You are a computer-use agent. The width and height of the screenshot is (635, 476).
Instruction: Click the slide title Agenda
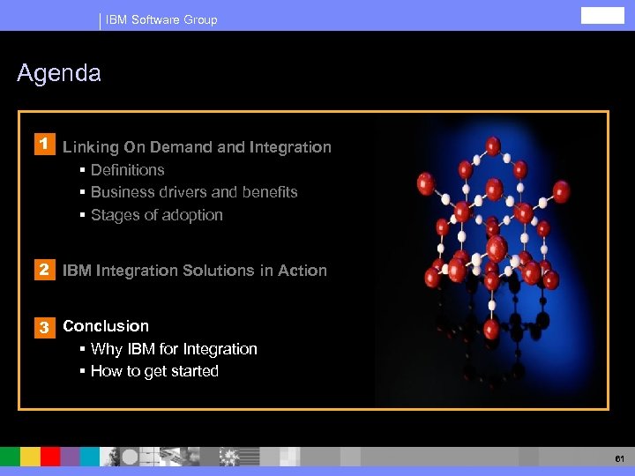click(x=59, y=73)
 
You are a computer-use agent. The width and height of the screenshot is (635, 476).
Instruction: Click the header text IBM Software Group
click(x=161, y=19)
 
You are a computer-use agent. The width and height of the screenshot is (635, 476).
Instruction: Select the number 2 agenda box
click(x=41, y=270)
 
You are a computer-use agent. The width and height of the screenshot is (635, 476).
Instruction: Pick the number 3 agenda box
click(x=41, y=327)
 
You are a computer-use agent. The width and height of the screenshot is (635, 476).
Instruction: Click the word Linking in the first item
click(x=86, y=147)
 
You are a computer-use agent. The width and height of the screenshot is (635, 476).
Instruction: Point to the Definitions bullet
click(x=127, y=170)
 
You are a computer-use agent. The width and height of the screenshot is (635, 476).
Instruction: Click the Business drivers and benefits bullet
click(x=194, y=192)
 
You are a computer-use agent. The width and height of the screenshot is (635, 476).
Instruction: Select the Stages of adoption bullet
click(x=156, y=215)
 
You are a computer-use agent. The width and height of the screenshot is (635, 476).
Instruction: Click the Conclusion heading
click(x=106, y=326)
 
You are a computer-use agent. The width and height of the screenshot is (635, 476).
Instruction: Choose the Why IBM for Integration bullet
click(x=174, y=349)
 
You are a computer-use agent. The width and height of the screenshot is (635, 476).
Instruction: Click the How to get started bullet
click(x=154, y=371)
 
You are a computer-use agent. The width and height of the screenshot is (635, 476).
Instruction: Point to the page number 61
click(x=620, y=458)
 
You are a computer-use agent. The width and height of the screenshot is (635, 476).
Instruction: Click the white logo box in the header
click(x=602, y=16)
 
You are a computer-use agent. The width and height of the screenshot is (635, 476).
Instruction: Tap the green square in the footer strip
click(x=10, y=456)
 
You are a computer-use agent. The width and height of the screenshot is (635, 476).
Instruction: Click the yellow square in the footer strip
click(x=30, y=456)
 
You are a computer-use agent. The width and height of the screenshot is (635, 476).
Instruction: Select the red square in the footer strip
click(x=50, y=456)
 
